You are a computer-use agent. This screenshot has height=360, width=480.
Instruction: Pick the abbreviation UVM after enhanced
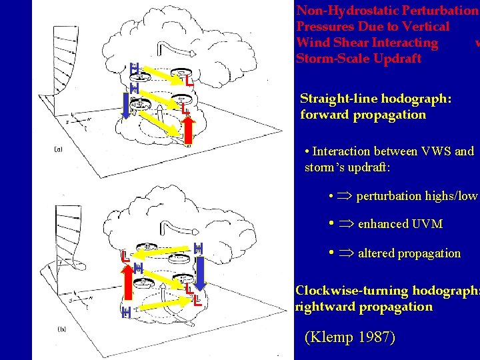(427, 224)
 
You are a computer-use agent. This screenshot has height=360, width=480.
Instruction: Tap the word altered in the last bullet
(377, 253)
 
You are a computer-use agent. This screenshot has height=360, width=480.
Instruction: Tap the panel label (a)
(58, 150)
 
